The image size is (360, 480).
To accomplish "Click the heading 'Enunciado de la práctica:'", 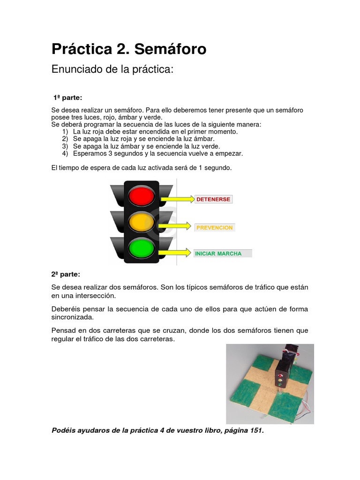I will pyautogui.click(x=112, y=69).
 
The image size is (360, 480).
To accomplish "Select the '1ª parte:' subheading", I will pyautogui.click(x=67, y=97).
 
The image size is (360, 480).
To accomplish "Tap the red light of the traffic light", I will pyautogui.click(x=141, y=195).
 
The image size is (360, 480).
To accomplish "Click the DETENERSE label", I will pyautogui.click(x=213, y=199).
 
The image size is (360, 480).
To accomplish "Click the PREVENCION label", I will pyautogui.click(x=214, y=227).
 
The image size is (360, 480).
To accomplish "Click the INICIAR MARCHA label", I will pyautogui.click(x=218, y=254).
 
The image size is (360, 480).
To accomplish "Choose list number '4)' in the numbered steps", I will pyautogui.click(x=65, y=153).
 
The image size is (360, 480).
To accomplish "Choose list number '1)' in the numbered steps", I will pyautogui.click(x=65, y=132).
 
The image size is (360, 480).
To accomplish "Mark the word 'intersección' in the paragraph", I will pyautogui.click(x=96, y=296).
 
